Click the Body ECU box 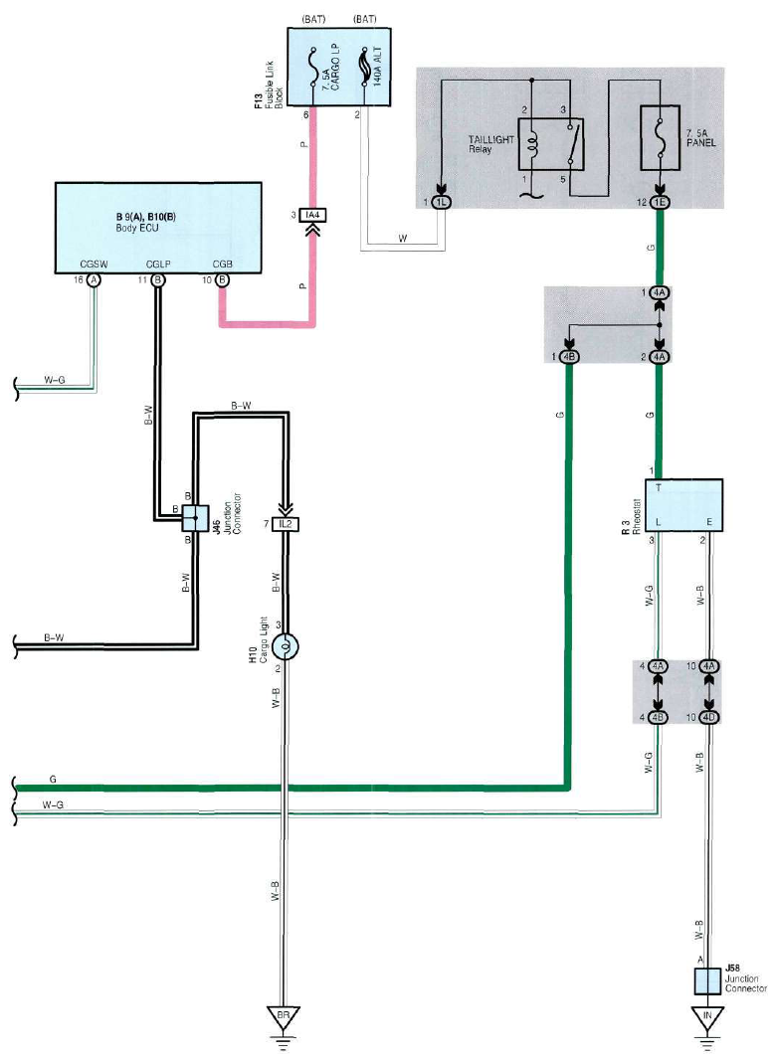click(158, 228)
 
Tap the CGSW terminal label click(94, 265)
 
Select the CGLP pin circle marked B click(157, 280)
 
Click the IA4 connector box click(312, 216)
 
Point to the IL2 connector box click(286, 524)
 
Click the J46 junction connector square click(195, 518)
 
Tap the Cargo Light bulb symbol click(286, 647)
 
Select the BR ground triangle click(284, 1017)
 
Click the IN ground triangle click(707, 1017)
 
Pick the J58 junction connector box click(707, 981)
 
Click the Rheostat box click(683, 505)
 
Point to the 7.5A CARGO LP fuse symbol click(312, 67)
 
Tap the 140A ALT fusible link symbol click(364, 67)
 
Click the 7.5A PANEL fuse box click(660, 137)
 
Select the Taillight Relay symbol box click(551, 144)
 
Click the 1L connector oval click(441, 202)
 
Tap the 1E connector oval click(660, 202)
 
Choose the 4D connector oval click(709, 717)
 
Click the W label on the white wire click(403, 239)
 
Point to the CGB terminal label click(223, 265)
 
